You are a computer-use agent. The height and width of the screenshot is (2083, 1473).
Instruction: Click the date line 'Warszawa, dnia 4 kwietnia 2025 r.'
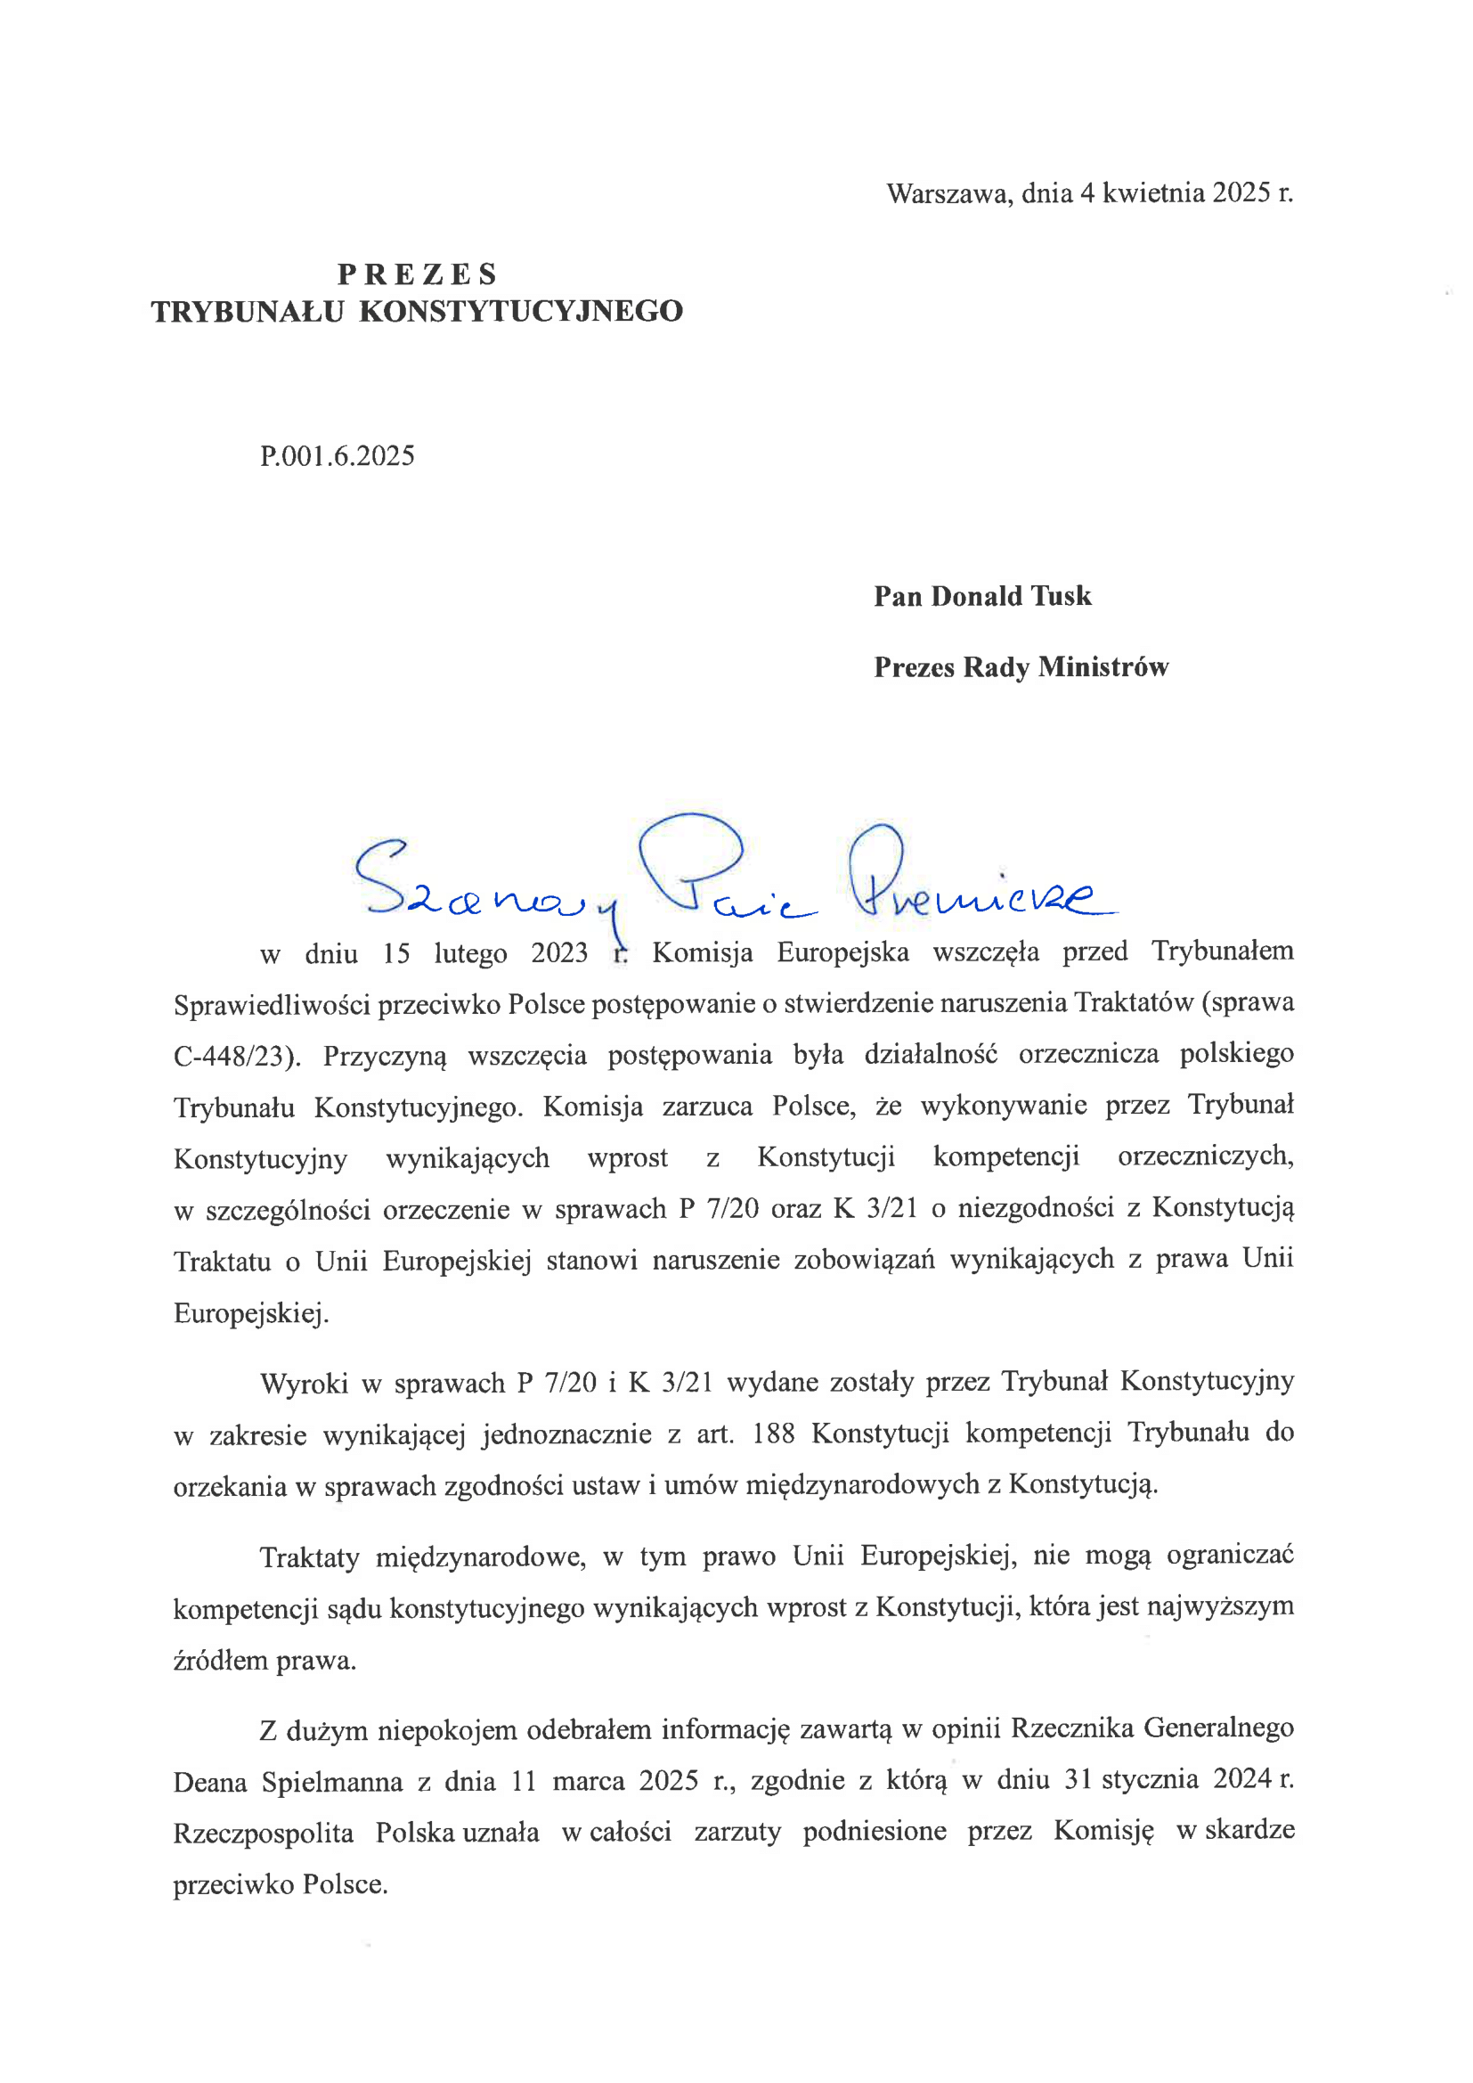pos(1089,193)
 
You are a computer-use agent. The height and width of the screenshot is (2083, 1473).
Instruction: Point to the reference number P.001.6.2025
pos(338,455)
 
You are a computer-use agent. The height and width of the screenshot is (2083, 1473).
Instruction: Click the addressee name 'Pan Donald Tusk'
pos(982,596)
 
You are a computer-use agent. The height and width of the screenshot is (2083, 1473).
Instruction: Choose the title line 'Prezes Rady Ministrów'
pos(1021,667)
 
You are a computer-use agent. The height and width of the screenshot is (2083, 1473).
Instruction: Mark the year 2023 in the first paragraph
pos(558,953)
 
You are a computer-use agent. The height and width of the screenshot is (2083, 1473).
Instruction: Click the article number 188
pos(773,1434)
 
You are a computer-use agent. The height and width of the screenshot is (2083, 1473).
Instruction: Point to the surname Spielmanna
pos(332,1782)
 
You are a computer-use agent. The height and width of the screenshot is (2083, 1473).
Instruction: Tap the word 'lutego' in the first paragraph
pos(470,953)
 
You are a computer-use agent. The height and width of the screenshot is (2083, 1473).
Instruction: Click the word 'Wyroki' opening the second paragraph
pos(304,1383)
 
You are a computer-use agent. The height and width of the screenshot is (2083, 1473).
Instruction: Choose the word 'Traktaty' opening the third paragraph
pos(309,1556)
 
